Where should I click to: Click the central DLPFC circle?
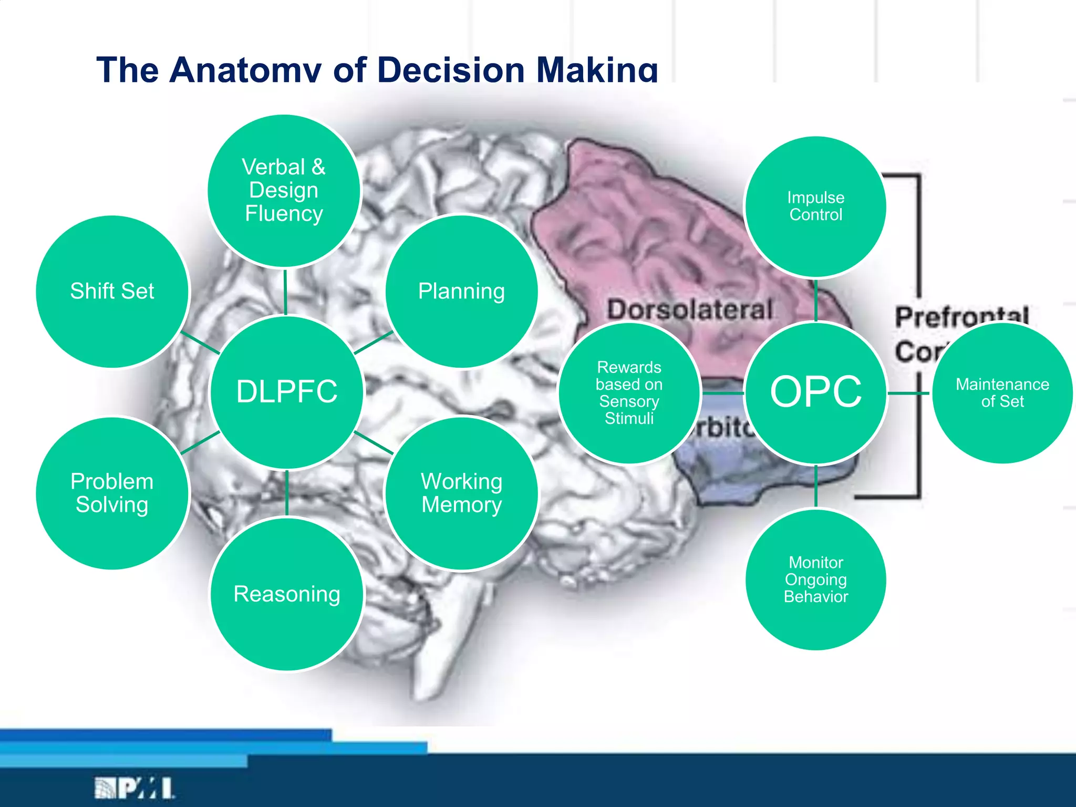click(286, 392)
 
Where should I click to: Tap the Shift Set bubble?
click(112, 292)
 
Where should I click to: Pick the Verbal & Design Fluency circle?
click(284, 190)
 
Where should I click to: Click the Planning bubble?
click(461, 292)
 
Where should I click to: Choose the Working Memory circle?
click(461, 493)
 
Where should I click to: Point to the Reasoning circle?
click(287, 594)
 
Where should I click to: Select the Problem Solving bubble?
click(112, 493)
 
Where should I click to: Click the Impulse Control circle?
click(815, 206)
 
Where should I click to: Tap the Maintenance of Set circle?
click(1002, 392)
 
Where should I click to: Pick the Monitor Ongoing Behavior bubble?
click(815, 580)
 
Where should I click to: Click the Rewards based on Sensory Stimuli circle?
click(629, 392)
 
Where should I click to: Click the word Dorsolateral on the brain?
click(689, 309)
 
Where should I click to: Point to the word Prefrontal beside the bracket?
click(961, 316)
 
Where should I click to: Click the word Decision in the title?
click(451, 70)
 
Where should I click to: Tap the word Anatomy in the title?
click(245, 70)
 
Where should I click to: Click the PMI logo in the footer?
click(134, 788)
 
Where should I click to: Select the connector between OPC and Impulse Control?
click(815, 301)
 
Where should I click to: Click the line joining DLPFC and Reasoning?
click(287, 493)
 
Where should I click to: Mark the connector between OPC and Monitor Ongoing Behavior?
click(815, 487)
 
